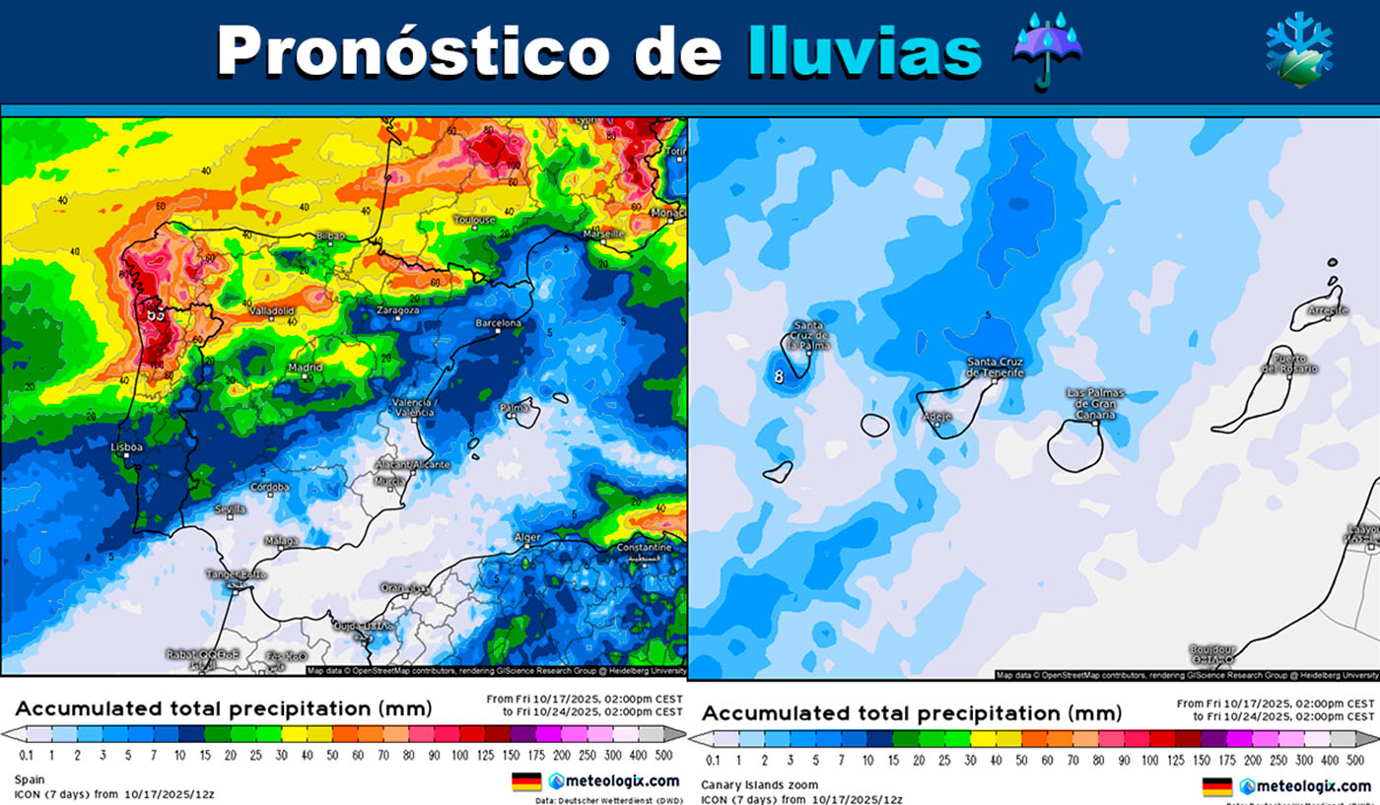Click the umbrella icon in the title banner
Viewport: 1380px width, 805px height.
(1048, 50)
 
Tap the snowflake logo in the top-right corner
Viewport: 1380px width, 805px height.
(1298, 50)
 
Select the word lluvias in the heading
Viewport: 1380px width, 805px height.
(864, 50)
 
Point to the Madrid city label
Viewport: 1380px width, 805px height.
(305, 368)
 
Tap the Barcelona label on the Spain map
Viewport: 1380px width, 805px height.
(498, 323)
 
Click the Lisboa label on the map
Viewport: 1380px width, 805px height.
(126, 447)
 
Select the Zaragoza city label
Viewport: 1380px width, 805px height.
(398, 310)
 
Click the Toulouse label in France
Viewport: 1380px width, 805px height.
(474, 220)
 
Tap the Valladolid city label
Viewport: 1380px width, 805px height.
(271, 310)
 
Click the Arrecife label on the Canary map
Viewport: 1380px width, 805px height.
(1327, 310)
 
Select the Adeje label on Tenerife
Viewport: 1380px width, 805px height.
(936, 417)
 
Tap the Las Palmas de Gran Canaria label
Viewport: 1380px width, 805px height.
(1095, 404)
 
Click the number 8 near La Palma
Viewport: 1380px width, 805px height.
(779, 374)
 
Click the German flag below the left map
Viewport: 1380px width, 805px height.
(526, 782)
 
